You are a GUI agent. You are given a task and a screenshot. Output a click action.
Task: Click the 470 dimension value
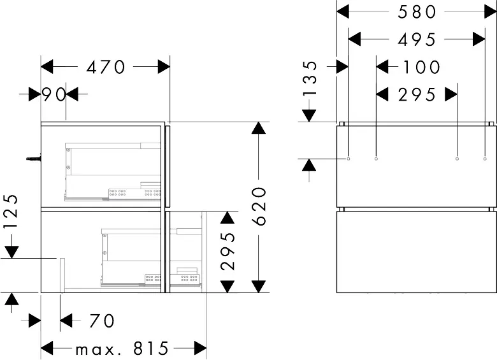[106, 67]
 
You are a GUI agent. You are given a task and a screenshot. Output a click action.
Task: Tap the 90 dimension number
[54, 94]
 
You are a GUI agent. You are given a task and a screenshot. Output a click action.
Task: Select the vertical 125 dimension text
[10, 211]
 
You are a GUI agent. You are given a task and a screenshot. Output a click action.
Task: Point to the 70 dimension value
[102, 320]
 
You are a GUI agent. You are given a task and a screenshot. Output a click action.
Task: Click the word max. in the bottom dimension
[95, 350]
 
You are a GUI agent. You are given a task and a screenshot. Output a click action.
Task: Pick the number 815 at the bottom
[150, 349]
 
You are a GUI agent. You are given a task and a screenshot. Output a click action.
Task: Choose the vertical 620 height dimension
[259, 206]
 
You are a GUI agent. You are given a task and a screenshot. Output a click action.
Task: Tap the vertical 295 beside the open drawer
[228, 251]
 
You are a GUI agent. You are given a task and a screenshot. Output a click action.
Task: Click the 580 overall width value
[417, 12]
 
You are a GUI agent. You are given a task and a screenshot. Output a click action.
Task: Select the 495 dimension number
[417, 40]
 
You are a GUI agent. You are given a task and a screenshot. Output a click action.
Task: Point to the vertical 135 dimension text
[310, 78]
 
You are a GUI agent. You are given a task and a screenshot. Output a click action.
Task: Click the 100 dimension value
[421, 67]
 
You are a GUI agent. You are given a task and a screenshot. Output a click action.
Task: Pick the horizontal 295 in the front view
[417, 95]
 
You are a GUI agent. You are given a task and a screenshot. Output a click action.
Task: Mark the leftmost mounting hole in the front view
[349, 159]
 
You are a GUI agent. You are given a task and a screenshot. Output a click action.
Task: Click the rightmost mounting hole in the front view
[485, 159]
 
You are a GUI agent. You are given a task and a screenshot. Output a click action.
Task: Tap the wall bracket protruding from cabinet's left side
[34, 158]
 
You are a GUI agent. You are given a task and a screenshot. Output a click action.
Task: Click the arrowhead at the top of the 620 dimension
[259, 127]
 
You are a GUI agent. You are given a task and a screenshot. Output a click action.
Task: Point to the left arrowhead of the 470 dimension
[47, 67]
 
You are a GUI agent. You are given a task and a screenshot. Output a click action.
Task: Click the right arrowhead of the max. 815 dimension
[200, 349]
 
